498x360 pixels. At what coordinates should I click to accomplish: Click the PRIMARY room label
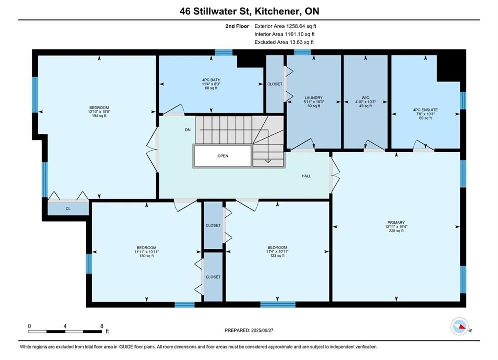pyautogui.click(x=396, y=222)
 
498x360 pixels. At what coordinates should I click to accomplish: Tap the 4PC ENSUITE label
pyautogui.click(x=425, y=110)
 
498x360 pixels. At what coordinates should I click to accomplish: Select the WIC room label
pyautogui.click(x=365, y=98)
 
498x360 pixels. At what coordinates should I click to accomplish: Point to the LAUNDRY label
pyautogui.click(x=314, y=98)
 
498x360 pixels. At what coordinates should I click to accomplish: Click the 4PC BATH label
pyautogui.click(x=211, y=80)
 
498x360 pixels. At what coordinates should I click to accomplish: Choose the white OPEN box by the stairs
pyautogui.click(x=223, y=156)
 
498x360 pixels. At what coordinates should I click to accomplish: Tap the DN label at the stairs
pyautogui.click(x=188, y=130)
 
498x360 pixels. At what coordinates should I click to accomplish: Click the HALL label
pyautogui.click(x=306, y=176)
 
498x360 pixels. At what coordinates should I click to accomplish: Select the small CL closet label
pyautogui.click(x=68, y=209)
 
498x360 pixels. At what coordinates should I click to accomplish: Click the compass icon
pyautogui.click(x=459, y=326)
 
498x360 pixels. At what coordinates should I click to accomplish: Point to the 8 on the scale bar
pyautogui.click(x=102, y=326)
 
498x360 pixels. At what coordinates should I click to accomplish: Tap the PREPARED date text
pyautogui.click(x=249, y=330)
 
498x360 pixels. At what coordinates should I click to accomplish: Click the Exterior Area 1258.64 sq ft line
pyautogui.click(x=285, y=26)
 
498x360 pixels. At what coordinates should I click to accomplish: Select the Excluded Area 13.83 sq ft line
pyautogui.click(x=284, y=42)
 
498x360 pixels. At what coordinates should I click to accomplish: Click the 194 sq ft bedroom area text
pyautogui.click(x=99, y=116)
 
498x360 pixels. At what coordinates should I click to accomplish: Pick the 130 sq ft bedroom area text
pyautogui.click(x=147, y=256)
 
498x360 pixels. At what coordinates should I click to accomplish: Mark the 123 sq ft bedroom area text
pyautogui.click(x=277, y=255)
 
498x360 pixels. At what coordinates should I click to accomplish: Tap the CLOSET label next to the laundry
pyautogui.click(x=275, y=84)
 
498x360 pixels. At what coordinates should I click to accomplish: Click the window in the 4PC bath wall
pyautogui.click(x=224, y=52)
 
